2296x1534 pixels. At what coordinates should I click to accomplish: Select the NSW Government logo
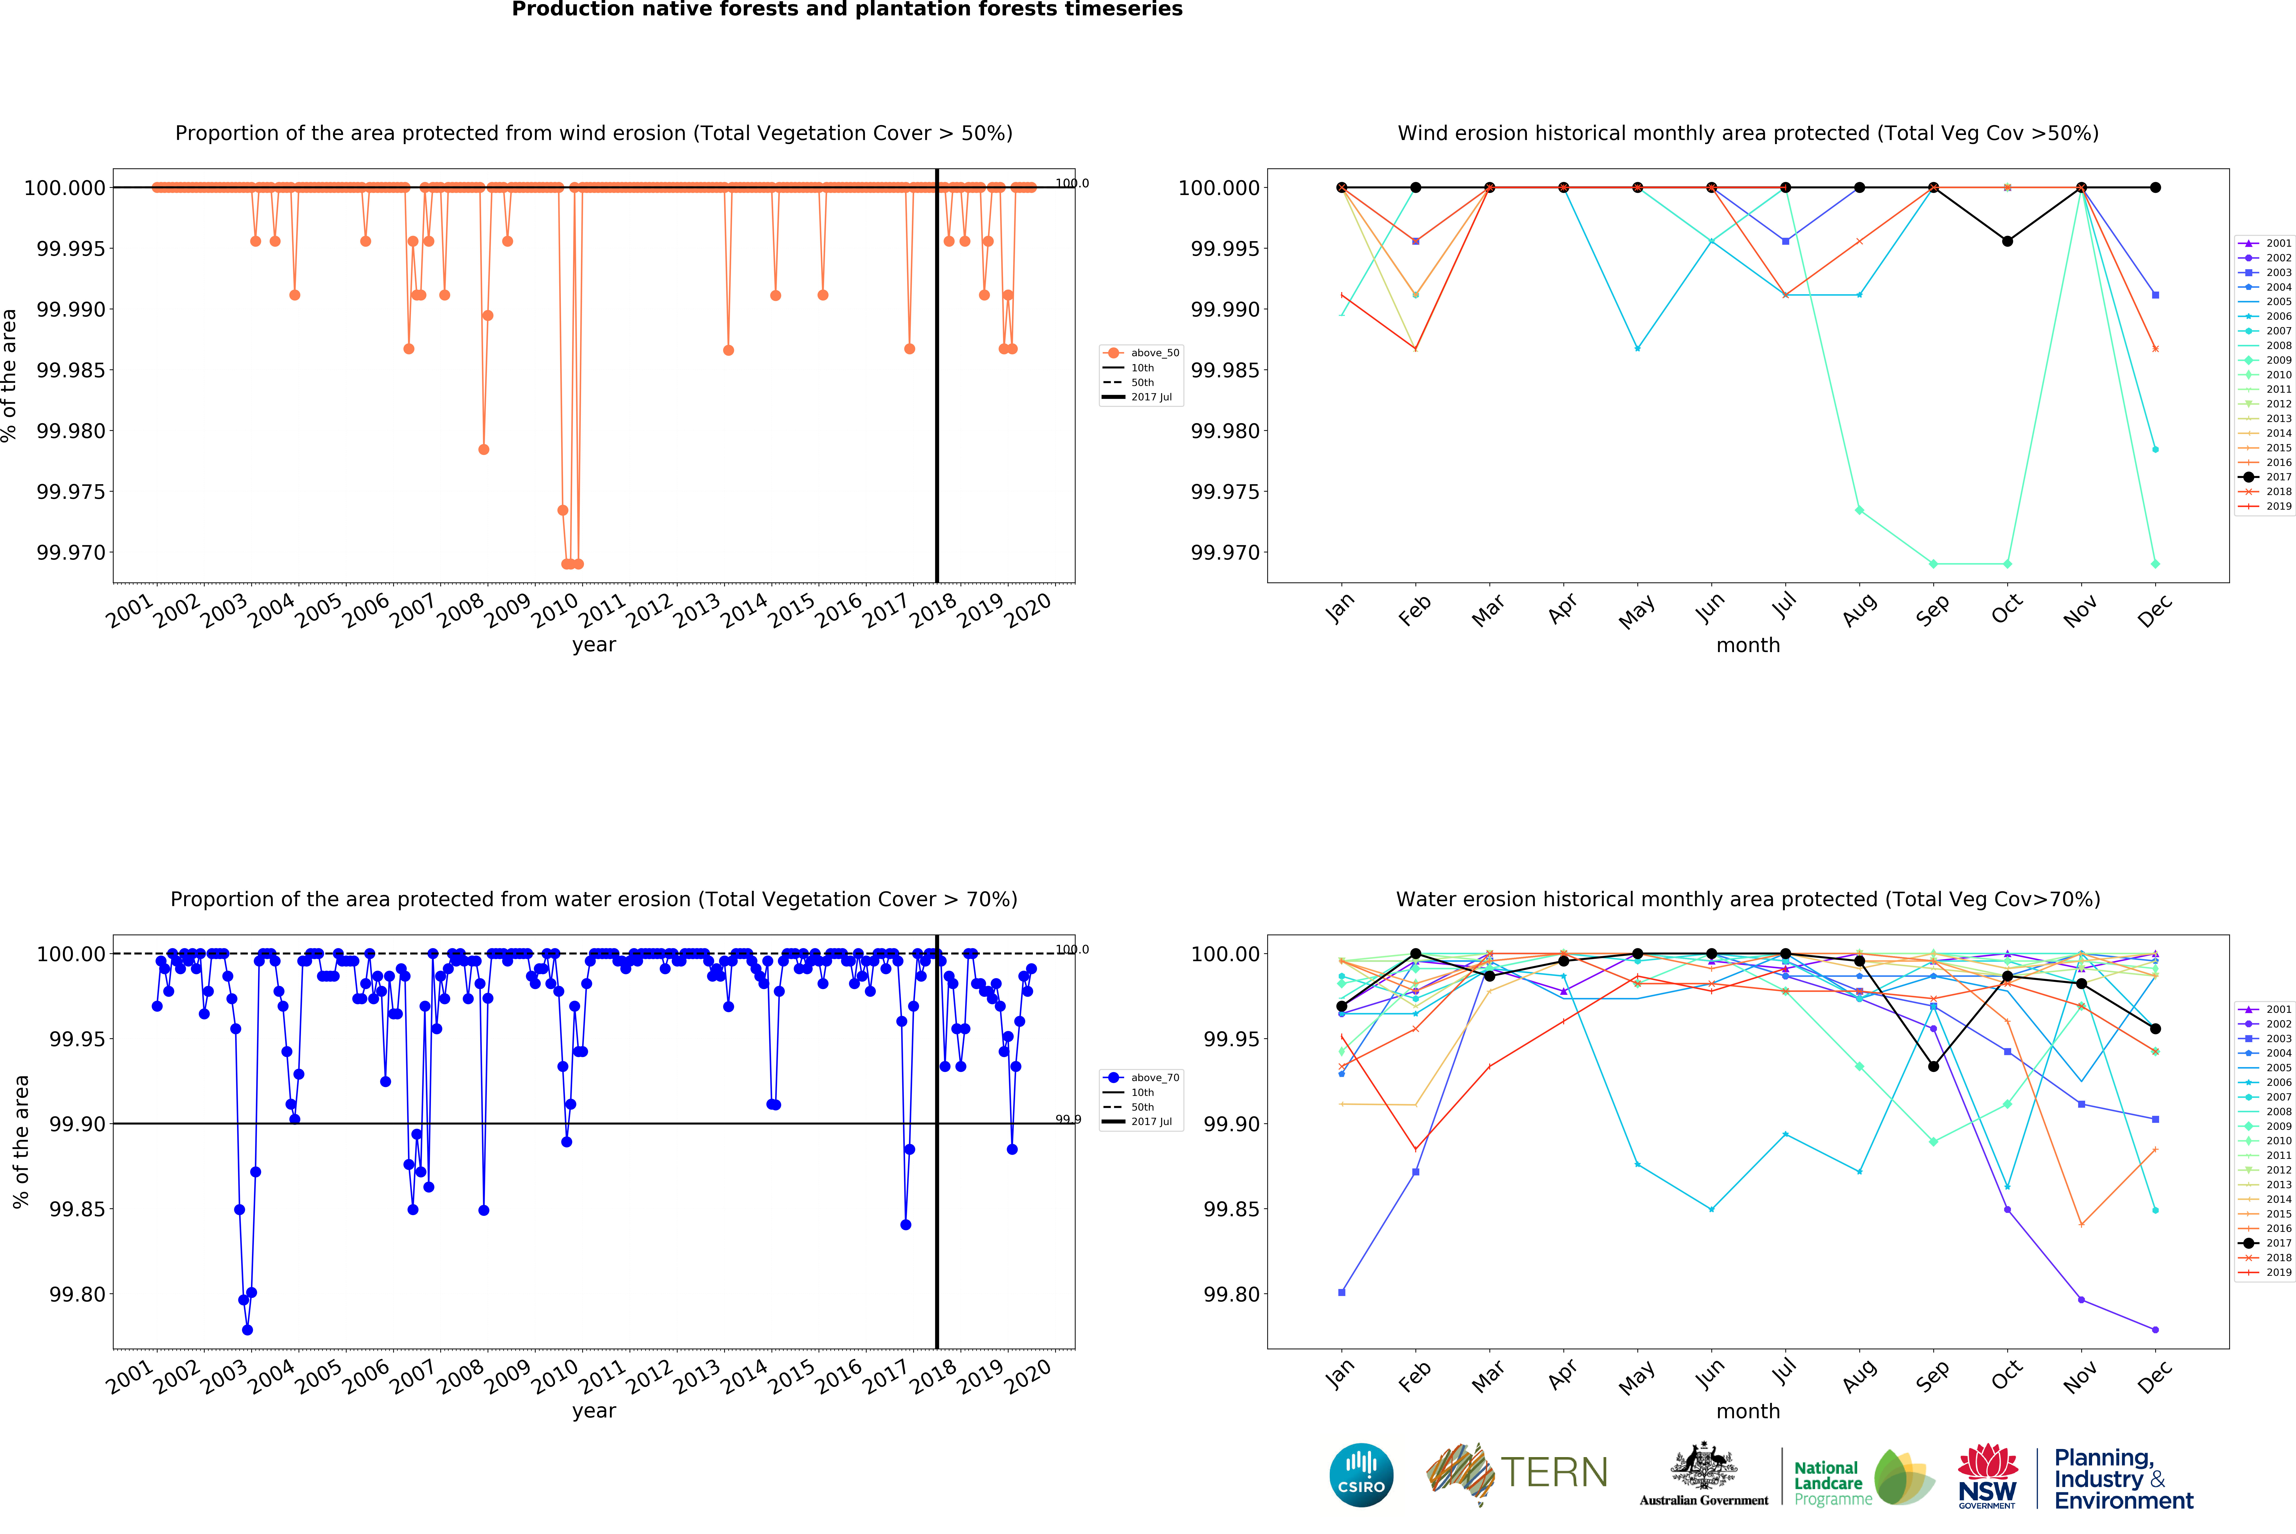coord(1987,1477)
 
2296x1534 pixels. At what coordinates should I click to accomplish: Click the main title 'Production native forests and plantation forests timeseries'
coord(847,10)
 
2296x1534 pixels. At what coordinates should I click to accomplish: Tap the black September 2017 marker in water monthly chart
coord(1933,1066)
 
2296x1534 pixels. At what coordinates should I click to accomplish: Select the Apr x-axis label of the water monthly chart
coord(1562,1375)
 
